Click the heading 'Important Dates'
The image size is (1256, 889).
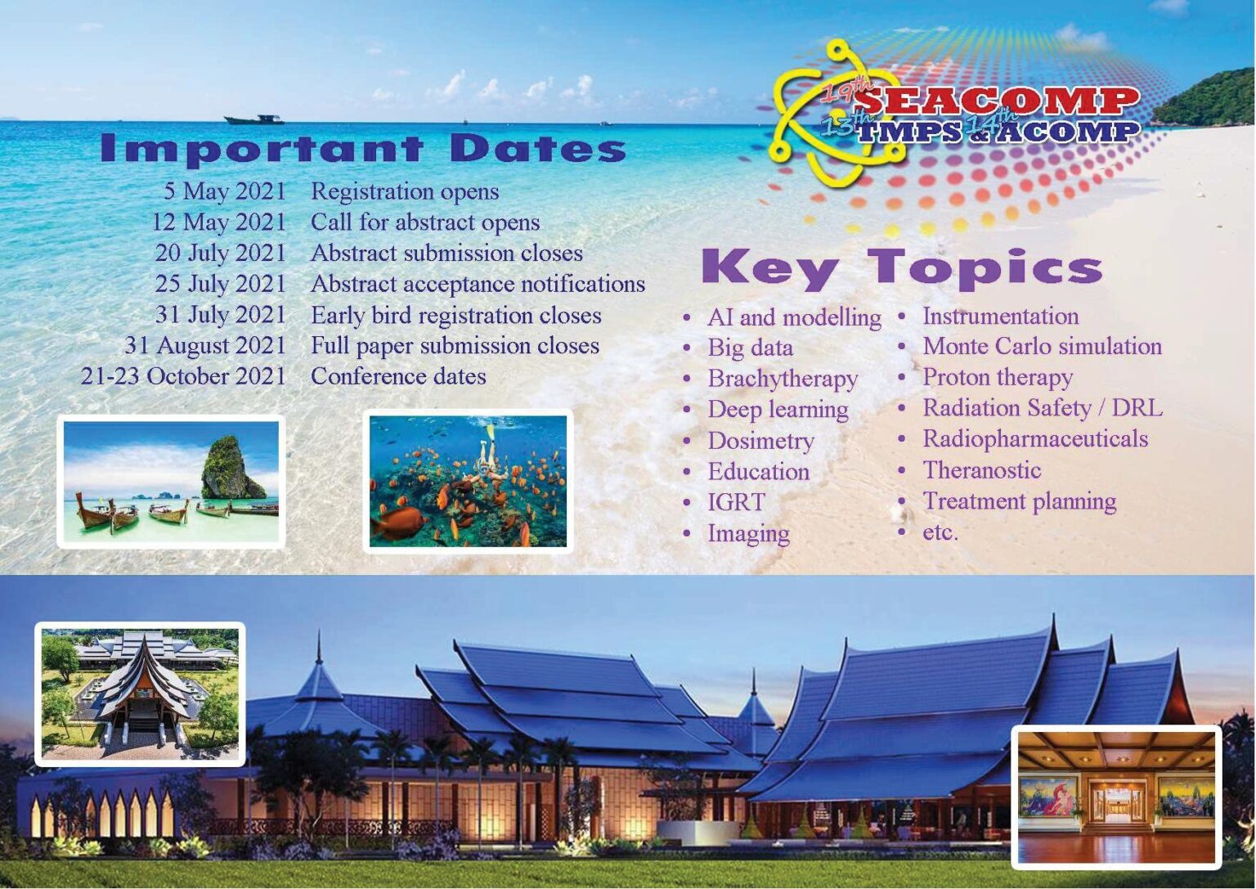(362, 149)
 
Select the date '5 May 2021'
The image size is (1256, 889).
(225, 191)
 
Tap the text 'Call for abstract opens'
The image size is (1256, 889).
(425, 222)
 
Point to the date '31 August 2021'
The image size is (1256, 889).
(205, 346)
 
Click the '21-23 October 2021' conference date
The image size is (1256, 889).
(183, 376)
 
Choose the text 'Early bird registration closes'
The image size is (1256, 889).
(455, 316)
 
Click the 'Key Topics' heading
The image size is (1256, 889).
(901, 268)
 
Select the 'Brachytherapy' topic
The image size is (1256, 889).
(783, 379)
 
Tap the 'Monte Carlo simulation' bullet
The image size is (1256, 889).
(1042, 347)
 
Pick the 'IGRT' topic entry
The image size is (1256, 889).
(736, 502)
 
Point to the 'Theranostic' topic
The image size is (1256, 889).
(981, 470)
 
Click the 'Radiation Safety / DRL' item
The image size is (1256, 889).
(1042, 408)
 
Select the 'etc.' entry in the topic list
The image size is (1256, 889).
(940, 532)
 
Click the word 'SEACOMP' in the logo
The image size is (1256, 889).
(998, 101)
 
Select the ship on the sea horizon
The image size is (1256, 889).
(254, 119)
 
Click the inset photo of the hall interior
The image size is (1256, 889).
(1116, 797)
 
